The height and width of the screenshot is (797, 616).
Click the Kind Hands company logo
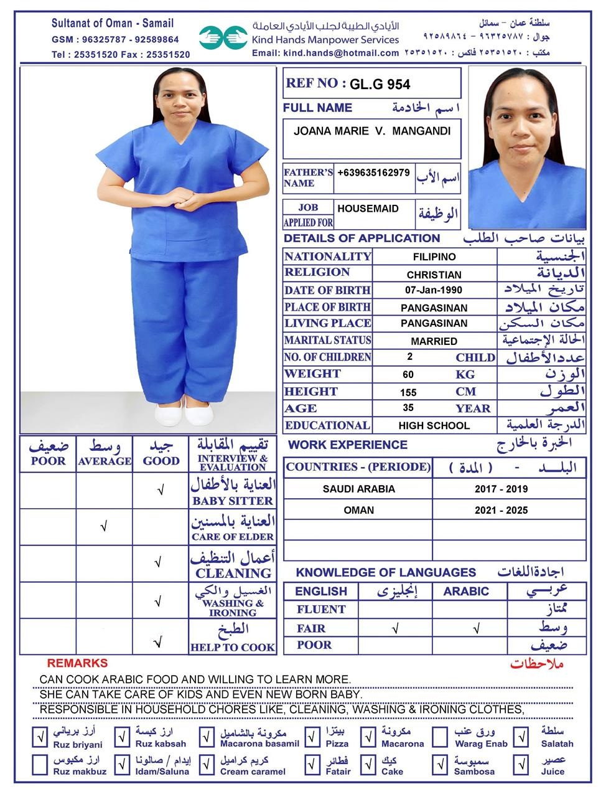point(223,37)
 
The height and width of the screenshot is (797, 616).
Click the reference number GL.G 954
point(380,84)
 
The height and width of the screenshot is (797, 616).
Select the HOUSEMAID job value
point(368,209)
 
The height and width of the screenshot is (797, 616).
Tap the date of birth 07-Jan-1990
point(434,290)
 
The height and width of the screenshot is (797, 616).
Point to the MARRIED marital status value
point(434,341)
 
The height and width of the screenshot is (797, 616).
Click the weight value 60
point(408,374)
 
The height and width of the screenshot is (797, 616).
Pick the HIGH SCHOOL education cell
point(434,426)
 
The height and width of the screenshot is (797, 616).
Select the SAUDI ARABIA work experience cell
point(358,489)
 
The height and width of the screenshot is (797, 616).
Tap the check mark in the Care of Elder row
point(104,527)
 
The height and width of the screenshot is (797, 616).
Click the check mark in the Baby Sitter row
point(161,491)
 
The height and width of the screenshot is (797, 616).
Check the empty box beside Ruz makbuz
point(40,765)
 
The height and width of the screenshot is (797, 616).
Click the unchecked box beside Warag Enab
point(441,737)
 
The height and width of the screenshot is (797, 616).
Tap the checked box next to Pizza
point(312,737)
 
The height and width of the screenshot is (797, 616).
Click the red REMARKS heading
point(77,664)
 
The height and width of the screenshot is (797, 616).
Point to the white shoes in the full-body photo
point(184,413)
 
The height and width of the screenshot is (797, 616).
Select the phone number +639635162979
point(373,172)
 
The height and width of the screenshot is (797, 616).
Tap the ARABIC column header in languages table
point(466,592)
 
